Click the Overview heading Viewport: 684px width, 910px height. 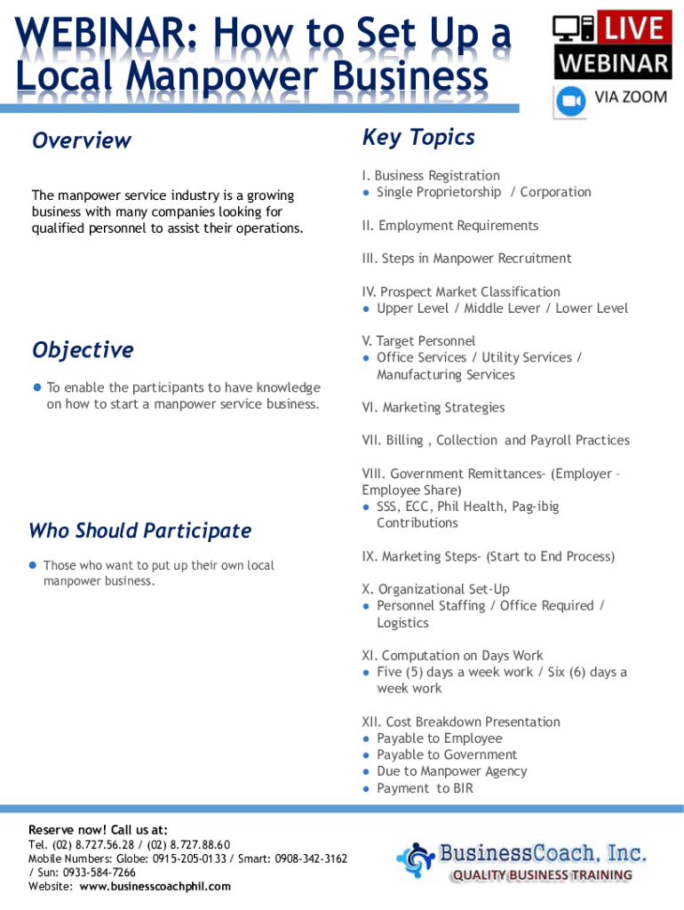[x=81, y=140]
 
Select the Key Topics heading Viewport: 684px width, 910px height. [x=418, y=137]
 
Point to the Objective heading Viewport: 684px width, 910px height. [x=83, y=349]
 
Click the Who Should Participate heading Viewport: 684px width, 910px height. [x=139, y=531]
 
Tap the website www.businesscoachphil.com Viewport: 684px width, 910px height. [x=155, y=886]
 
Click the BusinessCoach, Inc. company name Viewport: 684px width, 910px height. [x=542, y=854]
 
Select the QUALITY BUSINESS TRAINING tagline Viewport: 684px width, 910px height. [x=542, y=875]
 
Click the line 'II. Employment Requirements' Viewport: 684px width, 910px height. [x=449, y=226]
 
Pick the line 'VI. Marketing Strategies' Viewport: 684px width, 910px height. [x=433, y=408]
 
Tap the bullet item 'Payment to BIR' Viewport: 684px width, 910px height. [x=425, y=788]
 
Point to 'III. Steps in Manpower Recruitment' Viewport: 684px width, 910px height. [x=466, y=259]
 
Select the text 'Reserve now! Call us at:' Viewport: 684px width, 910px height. [x=98, y=829]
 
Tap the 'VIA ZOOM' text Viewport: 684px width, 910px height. [x=631, y=97]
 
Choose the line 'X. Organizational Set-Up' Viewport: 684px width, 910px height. [x=435, y=589]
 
